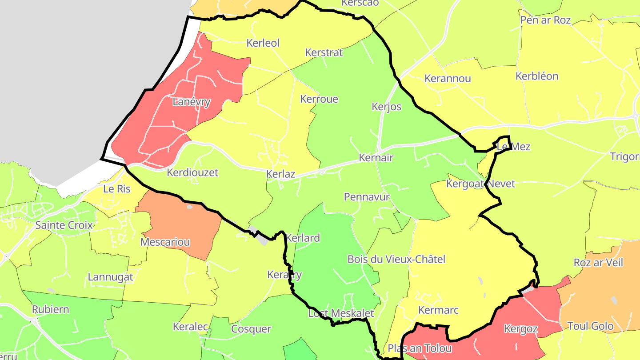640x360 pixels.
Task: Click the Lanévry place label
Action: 191,102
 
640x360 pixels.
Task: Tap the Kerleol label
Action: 263,43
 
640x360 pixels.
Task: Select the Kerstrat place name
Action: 324,52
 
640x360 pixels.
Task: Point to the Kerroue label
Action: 319,99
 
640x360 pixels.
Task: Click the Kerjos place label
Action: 386,107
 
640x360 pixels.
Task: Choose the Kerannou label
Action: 448,79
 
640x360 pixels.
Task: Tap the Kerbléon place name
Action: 537,76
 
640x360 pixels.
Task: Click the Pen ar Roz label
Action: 545,20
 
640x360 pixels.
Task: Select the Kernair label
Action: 376,158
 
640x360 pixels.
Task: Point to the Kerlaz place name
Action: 280,174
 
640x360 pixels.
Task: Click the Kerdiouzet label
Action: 192,172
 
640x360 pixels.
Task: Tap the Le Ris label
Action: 117,189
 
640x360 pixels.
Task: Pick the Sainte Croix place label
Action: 64,225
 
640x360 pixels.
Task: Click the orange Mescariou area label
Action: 165,242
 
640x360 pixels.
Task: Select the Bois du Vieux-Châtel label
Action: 396,259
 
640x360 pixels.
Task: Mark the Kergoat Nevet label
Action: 480,184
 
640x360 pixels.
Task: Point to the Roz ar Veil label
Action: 598,263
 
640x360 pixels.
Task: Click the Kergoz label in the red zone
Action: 521,329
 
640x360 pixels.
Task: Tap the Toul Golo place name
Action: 591,326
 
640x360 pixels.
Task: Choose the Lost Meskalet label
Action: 341,313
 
